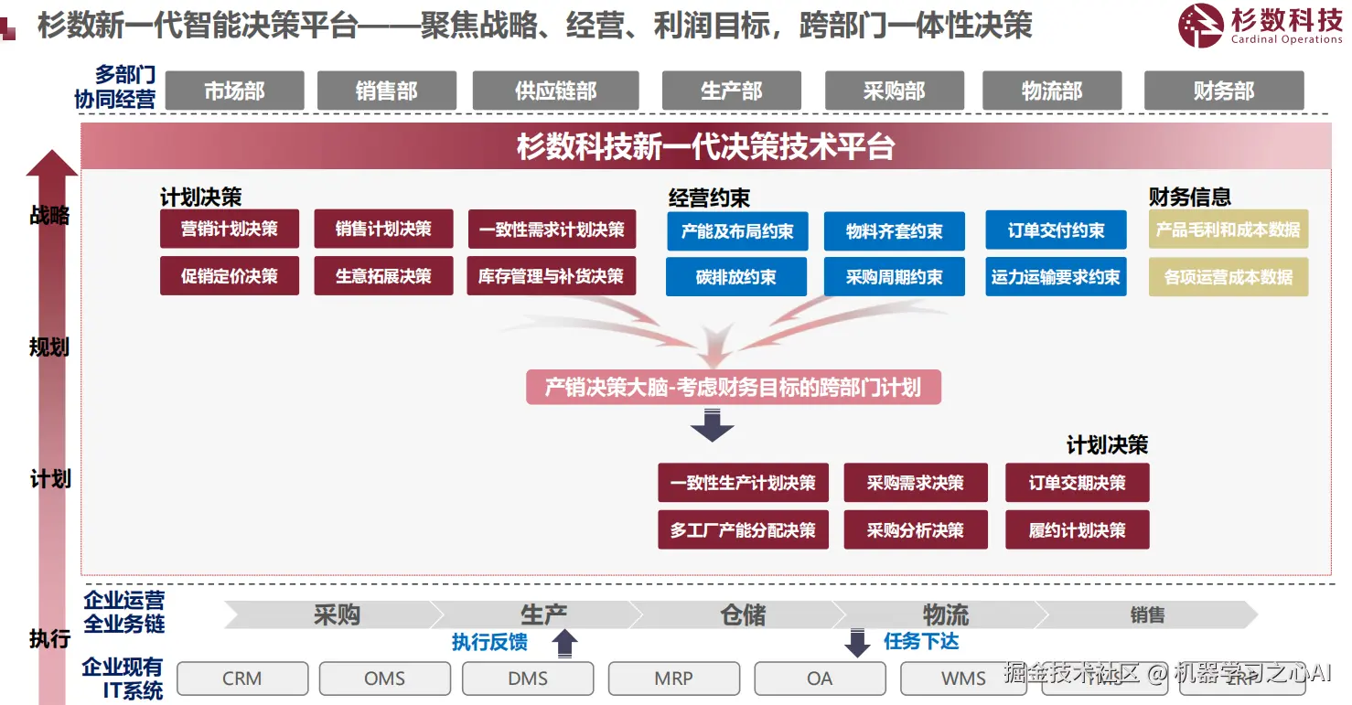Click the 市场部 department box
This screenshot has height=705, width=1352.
(x=234, y=91)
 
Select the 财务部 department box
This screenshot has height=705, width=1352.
(x=1223, y=91)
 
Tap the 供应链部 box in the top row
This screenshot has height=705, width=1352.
(x=555, y=91)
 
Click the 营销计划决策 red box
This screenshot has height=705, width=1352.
(x=229, y=229)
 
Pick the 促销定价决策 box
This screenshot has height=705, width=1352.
(x=229, y=275)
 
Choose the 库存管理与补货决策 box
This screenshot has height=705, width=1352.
(x=551, y=275)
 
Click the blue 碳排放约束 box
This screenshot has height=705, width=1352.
(x=735, y=276)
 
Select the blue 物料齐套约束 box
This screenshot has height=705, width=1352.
(x=894, y=231)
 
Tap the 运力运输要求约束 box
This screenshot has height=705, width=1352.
(x=1055, y=276)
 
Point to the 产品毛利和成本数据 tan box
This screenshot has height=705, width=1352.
(x=1228, y=230)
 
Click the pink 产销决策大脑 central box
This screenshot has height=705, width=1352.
(x=733, y=388)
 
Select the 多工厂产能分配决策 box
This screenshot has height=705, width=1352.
(x=743, y=529)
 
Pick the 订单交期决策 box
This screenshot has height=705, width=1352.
(x=1077, y=483)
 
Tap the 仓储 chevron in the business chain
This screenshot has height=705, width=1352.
(x=743, y=614)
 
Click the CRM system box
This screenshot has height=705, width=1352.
(x=241, y=678)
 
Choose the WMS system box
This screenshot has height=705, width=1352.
(x=964, y=678)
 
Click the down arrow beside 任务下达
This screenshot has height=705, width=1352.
(x=857, y=643)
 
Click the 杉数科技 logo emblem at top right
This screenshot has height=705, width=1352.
(x=1201, y=25)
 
